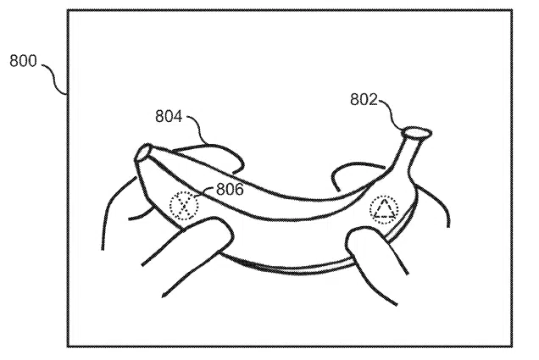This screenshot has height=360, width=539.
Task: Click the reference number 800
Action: point(23,61)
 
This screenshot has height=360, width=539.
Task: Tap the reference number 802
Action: point(364,99)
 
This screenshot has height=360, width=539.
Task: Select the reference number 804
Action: point(169,116)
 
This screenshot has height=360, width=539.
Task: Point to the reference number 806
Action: point(230,189)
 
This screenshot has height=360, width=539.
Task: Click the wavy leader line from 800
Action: point(54,78)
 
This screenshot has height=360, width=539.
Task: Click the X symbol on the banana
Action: point(184,206)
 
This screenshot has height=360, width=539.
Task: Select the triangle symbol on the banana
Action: point(384,210)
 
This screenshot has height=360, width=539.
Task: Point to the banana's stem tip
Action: point(417,132)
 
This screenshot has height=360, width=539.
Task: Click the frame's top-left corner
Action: point(68,11)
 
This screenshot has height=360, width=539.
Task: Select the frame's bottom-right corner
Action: point(512,346)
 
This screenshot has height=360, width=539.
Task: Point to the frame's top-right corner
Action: point(512,11)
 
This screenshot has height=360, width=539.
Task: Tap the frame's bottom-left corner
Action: point(68,346)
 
